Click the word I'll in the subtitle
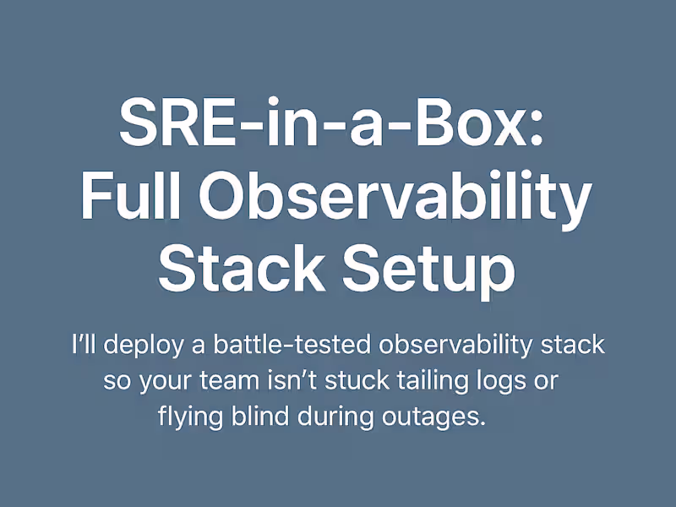click(84, 346)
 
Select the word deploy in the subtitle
click(138, 347)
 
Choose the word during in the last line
click(325, 416)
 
